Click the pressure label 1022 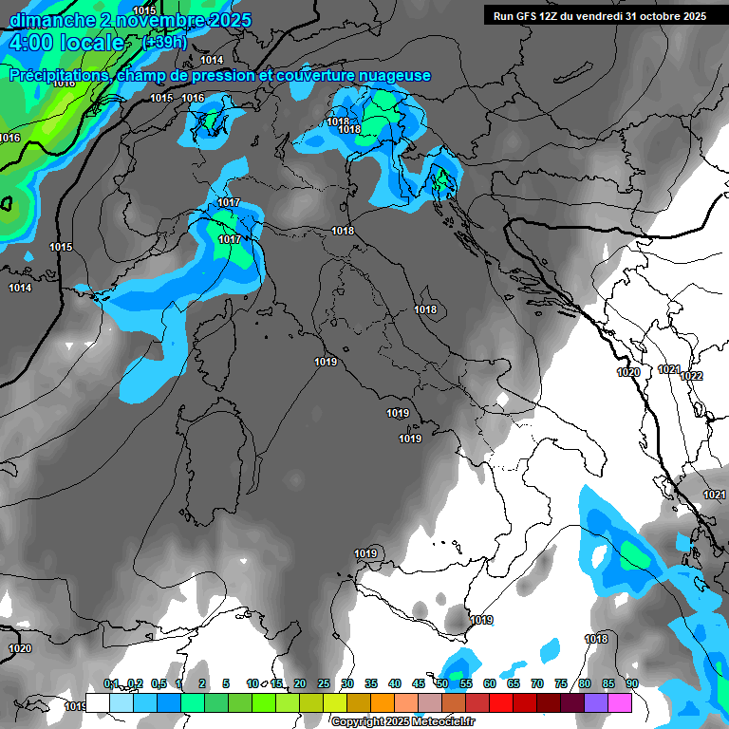coord(691,376)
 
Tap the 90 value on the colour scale coord(631,683)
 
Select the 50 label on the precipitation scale coord(442,683)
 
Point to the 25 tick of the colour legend coord(324,683)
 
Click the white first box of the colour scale coord(97,702)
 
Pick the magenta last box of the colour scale coord(620,702)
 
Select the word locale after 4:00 coord(91,43)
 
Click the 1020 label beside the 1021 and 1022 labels coord(628,372)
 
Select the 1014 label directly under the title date coord(212,60)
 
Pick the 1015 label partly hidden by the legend coord(76,705)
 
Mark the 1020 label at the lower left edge coord(20,648)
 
